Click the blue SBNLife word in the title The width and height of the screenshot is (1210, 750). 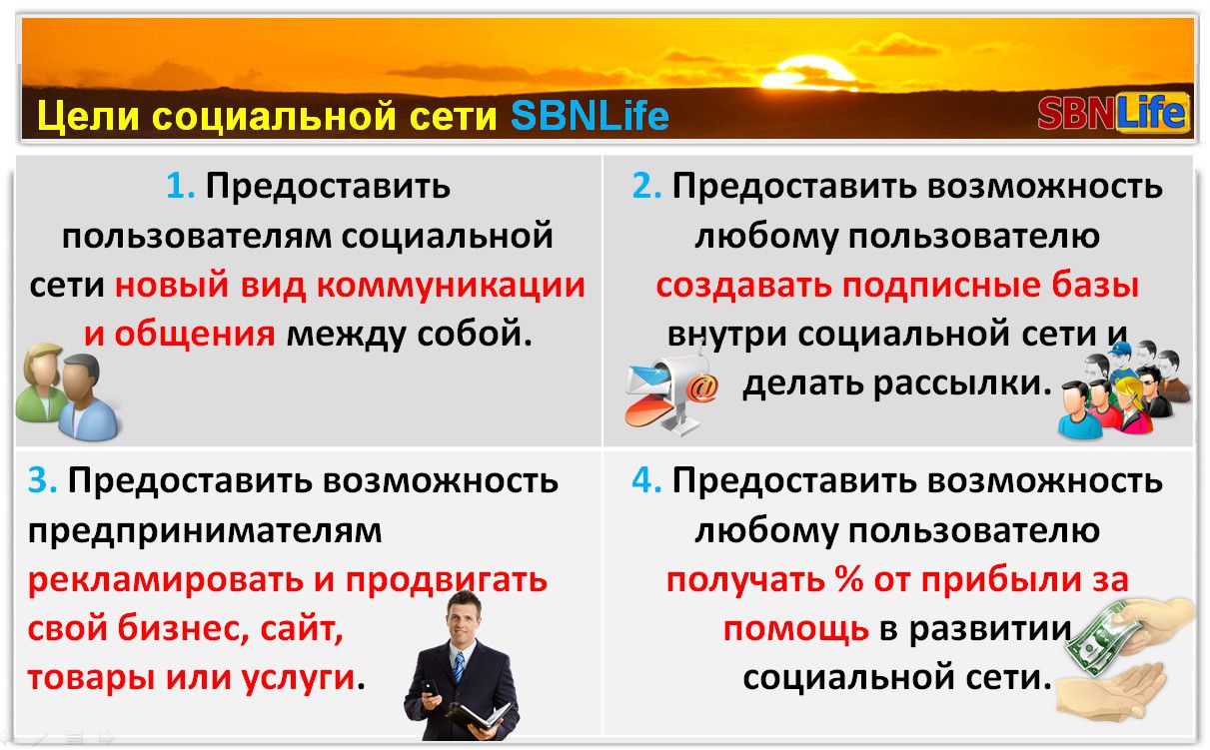(x=590, y=115)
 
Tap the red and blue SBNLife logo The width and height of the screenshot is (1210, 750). (x=1113, y=112)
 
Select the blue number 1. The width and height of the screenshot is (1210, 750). (x=180, y=187)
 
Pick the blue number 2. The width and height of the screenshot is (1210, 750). (x=646, y=187)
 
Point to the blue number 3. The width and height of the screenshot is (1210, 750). (x=42, y=480)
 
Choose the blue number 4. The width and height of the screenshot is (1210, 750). (x=646, y=480)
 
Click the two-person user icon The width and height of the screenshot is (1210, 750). (x=68, y=391)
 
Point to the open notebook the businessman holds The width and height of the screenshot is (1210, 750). (x=479, y=715)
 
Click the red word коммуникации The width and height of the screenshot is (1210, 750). (x=451, y=287)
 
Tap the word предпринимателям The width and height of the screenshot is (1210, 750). (x=205, y=532)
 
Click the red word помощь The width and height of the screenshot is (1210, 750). (x=795, y=630)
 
